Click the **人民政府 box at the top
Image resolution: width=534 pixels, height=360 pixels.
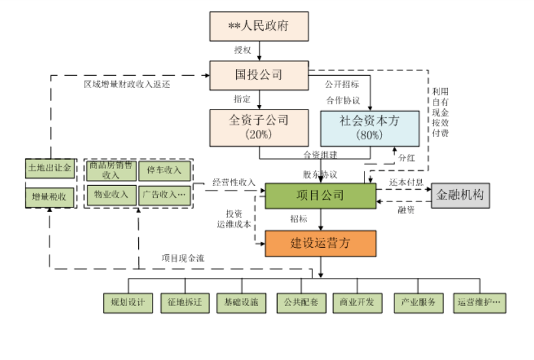point(258,26)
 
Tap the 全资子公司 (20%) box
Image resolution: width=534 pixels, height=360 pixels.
point(258,127)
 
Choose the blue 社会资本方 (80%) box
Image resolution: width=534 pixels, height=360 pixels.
point(369,127)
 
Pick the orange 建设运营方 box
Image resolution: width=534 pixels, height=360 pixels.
point(320,243)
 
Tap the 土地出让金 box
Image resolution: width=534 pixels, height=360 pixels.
point(50,169)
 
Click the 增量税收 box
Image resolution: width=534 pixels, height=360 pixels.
point(50,195)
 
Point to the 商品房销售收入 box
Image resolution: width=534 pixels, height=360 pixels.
point(110,170)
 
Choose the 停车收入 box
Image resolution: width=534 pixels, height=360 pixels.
point(164,170)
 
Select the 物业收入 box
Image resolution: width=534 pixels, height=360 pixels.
point(110,194)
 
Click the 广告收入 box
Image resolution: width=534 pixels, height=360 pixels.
point(164,194)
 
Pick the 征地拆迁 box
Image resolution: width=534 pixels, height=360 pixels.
point(185,303)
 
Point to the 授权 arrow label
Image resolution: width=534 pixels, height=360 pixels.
point(243,50)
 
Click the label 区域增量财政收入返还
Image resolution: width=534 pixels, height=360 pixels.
point(126,84)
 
